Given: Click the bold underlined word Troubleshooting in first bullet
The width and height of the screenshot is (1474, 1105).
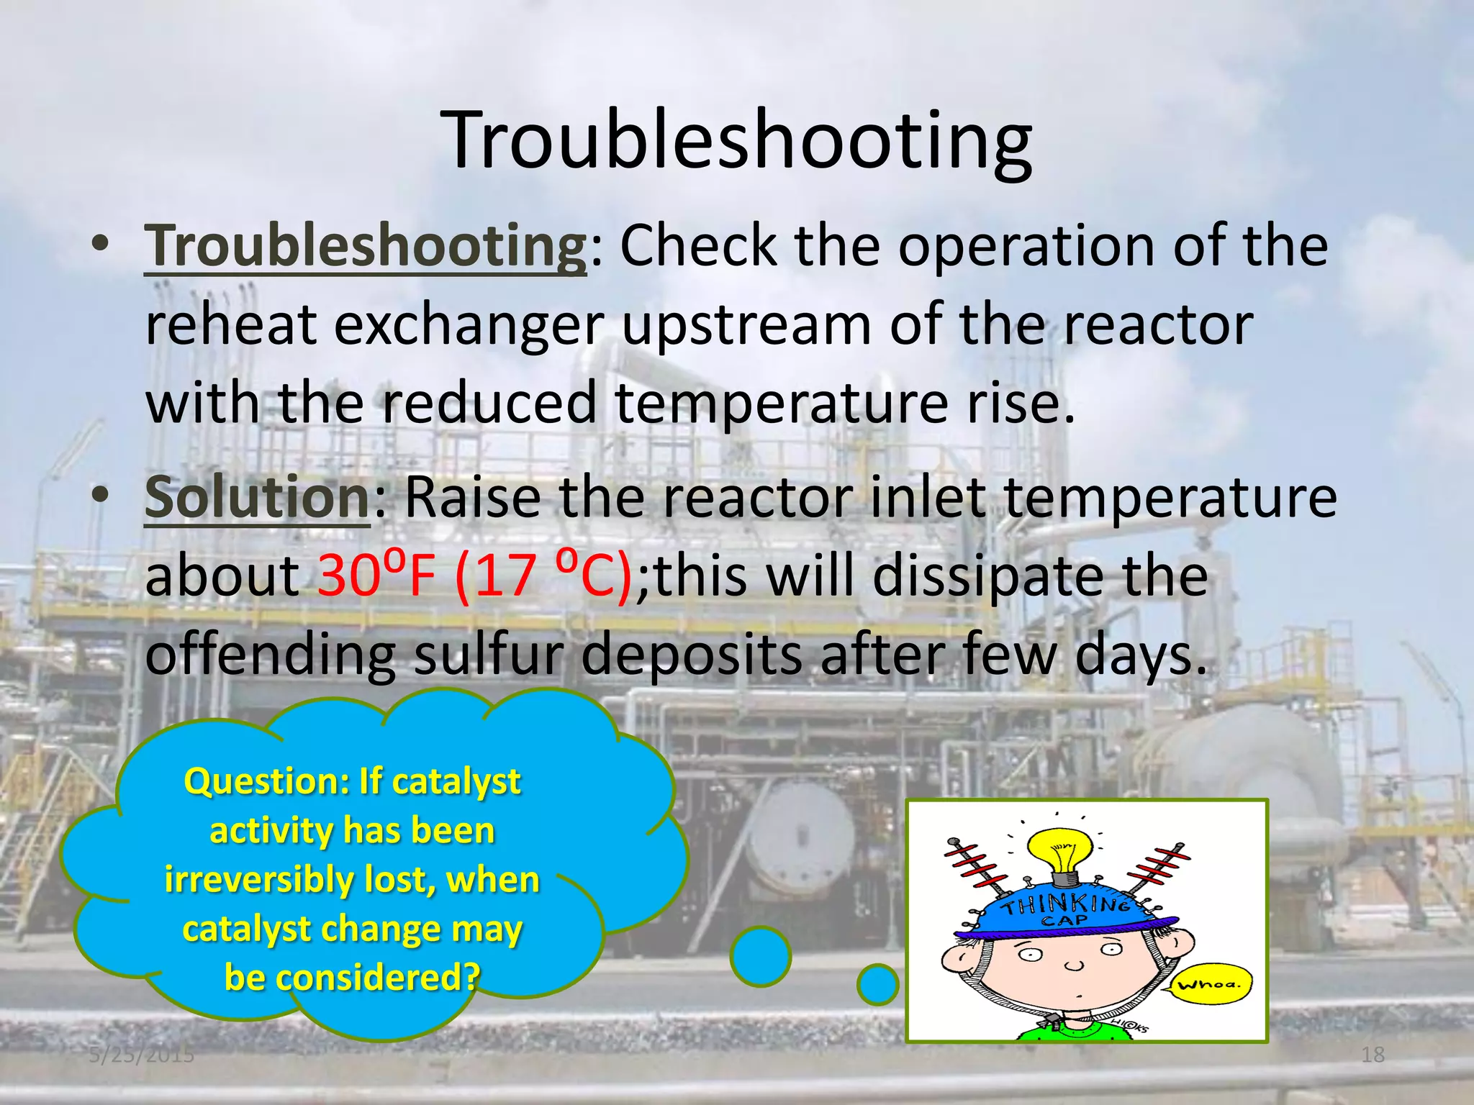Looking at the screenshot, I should coord(366,246).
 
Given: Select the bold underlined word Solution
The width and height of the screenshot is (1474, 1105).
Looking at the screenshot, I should coord(257,498).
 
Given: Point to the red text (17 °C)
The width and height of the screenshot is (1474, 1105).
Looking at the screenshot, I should coord(543,576).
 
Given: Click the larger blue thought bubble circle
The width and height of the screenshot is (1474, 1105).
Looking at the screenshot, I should coord(760,956).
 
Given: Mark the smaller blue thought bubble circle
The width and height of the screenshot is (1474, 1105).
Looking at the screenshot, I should coord(877,984).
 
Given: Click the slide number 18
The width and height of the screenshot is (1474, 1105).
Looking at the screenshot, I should coord(1373,1055).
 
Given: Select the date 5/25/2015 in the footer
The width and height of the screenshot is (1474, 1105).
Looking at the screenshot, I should coord(142,1055).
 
